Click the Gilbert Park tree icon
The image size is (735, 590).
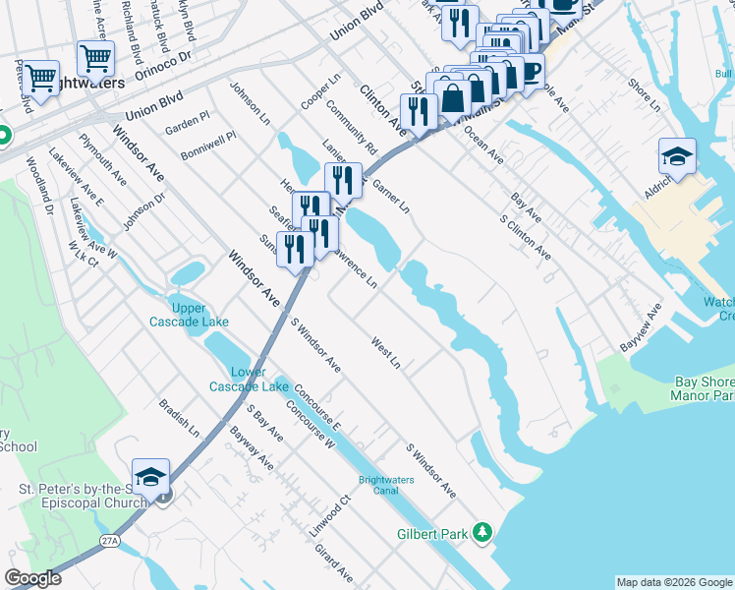point(481,532)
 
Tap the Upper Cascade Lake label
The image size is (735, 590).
point(189,315)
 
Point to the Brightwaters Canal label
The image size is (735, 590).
point(385,485)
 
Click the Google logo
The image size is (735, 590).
point(32,578)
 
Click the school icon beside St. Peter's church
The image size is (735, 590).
point(150,477)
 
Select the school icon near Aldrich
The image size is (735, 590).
point(677,157)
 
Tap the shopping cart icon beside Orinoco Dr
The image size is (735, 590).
point(95,59)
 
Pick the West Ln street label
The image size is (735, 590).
point(385,355)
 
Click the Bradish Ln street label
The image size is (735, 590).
point(179,418)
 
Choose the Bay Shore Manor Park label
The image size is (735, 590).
point(703,390)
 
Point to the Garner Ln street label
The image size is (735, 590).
point(390,194)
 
